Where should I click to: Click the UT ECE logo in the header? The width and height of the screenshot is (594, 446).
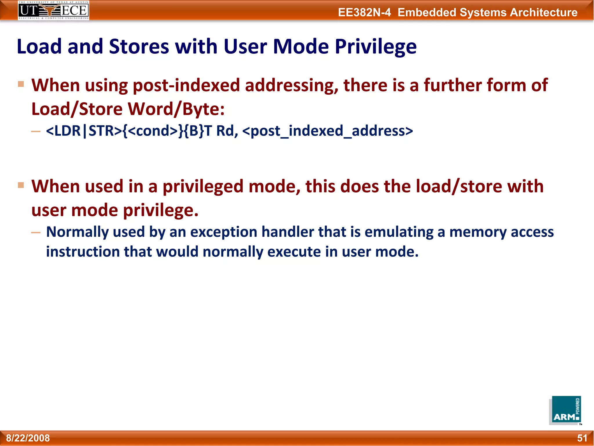point(53,10)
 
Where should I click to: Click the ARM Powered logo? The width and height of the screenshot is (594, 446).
point(565,410)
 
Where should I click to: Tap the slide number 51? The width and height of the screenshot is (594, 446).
point(582,438)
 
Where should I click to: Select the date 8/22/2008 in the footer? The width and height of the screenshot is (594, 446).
point(28,438)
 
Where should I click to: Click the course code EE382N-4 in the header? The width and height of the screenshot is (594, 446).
point(364,12)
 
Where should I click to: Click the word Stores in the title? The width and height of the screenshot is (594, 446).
point(139,46)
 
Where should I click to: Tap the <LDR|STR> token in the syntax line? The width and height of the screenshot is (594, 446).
point(84,131)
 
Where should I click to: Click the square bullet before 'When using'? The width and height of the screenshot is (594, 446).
point(21,84)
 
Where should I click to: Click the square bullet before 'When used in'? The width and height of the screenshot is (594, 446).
point(21,185)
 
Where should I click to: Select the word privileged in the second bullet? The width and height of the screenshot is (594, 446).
point(202,187)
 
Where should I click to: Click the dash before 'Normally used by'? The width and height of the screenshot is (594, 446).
point(36,232)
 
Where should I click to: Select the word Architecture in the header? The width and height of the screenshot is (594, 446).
point(544,12)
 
